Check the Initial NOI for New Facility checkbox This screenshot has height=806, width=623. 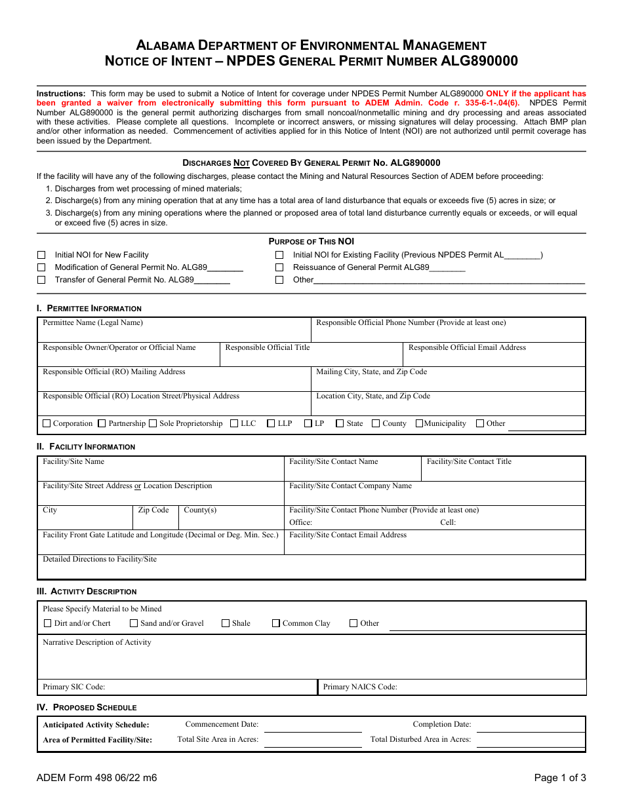[41, 255]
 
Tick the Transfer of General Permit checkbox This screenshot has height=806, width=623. [41, 280]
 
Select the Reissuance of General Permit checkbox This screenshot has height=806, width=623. [279, 267]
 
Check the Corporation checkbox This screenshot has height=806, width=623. [47, 424]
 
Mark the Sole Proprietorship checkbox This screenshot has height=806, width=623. [153, 424]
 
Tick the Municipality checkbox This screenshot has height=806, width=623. [420, 424]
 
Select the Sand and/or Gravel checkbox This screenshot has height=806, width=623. [134, 624]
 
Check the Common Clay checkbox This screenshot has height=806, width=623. [276, 624]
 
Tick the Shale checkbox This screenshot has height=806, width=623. [226, 624]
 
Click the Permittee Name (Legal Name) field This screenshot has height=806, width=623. [174, 334]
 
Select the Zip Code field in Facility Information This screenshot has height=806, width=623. [155, 521]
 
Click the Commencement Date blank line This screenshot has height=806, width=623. [313, 726]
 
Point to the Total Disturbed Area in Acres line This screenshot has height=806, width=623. [529, 741]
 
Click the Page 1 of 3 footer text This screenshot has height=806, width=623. [560, 778]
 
